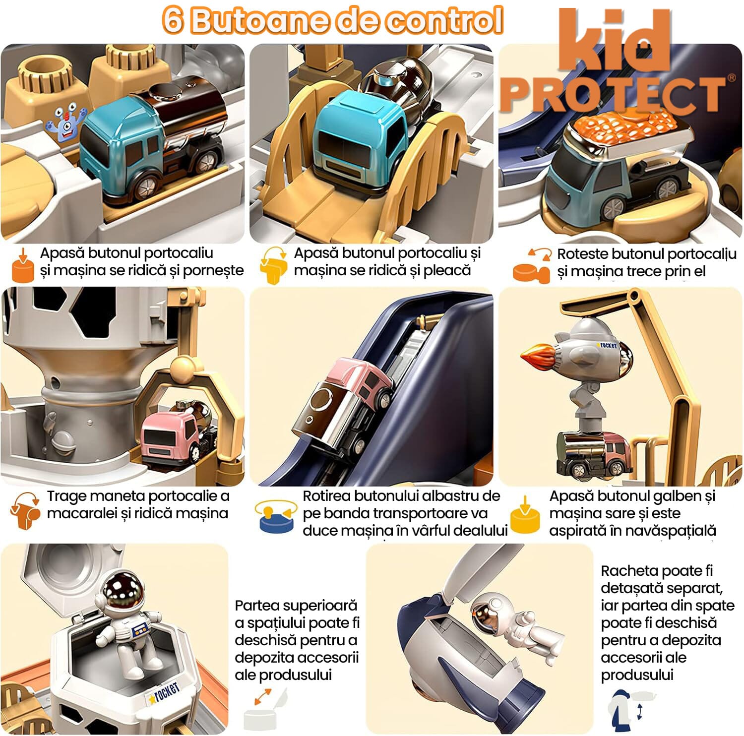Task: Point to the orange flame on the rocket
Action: [x=538, y=353]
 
